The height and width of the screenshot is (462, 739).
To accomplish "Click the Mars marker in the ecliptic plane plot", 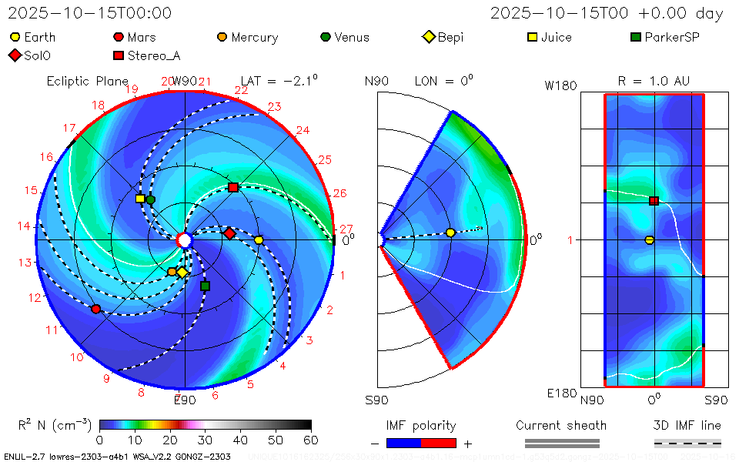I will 95,309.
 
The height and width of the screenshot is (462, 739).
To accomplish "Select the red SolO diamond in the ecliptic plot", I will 229,233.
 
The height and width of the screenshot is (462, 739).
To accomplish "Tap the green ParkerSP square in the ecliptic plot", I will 205,286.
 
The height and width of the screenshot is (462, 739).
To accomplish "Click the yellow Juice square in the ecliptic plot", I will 140,199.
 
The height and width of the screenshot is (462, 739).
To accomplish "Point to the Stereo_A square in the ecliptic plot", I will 233,187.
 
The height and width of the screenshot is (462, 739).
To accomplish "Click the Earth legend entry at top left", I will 33,37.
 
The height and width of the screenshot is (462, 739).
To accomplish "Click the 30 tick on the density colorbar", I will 205,440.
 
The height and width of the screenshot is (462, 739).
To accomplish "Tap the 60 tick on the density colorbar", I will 311,440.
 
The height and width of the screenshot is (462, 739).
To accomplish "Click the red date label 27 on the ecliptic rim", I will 346,229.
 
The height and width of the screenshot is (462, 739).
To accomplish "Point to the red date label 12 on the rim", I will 35,297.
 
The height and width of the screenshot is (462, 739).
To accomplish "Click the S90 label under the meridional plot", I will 376,400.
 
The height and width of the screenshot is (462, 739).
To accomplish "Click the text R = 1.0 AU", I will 654,81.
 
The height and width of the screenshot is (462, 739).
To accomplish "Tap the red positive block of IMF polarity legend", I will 439,443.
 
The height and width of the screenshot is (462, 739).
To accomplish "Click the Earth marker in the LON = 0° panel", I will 450,233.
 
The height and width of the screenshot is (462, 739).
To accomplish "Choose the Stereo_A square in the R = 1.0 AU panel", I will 654,201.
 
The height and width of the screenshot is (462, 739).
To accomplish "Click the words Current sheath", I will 561,426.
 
